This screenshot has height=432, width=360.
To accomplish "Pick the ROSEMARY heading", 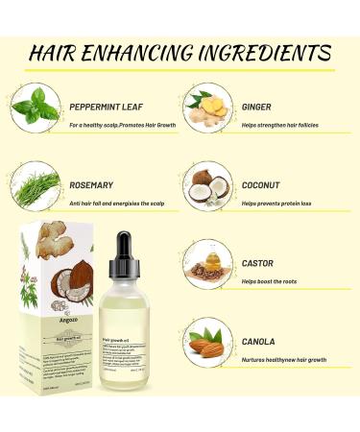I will tap(92, 184).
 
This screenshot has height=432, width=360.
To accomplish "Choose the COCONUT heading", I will tap(261, 184).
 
